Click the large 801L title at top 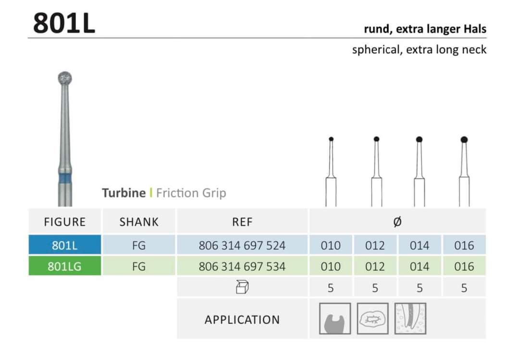point(64,23)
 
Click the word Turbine point(124,193)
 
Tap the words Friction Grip point(191,193)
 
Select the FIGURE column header point(65,222)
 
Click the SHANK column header point(139,222)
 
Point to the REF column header point(242,222)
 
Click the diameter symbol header point(397,222)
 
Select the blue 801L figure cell point(65,245)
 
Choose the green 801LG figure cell point(65,266)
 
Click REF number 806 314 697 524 point(242,245)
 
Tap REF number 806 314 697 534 point(242,266)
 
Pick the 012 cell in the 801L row point(375,245)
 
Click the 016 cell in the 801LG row point(464,266)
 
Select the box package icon point(242,288)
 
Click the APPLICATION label point(242,320)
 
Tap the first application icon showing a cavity point(335,319)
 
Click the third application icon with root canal point(410,319)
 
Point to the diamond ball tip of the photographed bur point(65,78)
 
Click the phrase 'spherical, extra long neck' point(419,50)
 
